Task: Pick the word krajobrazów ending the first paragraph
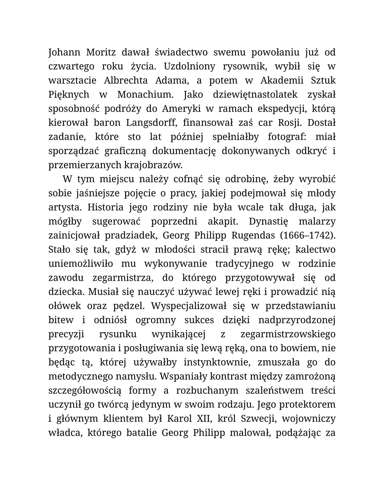click(x=154, y=165)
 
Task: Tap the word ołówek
click(x=65, y=306)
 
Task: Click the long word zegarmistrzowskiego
click(x=288, y=334)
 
